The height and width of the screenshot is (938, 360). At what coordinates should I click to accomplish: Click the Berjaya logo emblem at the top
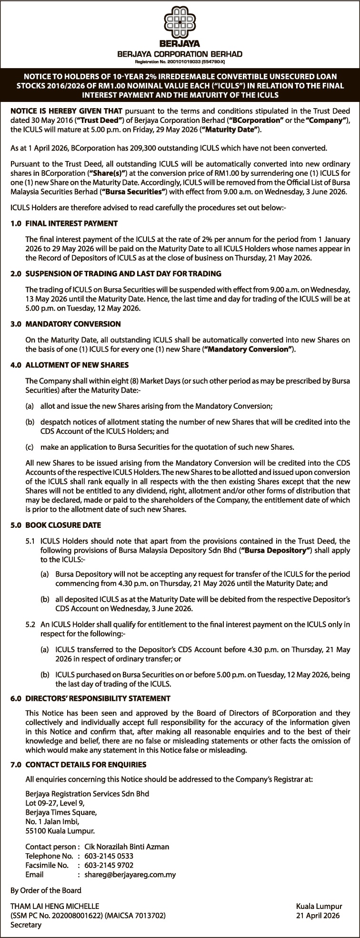[x=180, y=23]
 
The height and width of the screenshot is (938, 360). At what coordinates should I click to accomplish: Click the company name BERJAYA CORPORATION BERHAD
[x=180, y=54]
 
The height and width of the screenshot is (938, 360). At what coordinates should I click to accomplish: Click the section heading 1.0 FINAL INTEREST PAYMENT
[x=64, y=223]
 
